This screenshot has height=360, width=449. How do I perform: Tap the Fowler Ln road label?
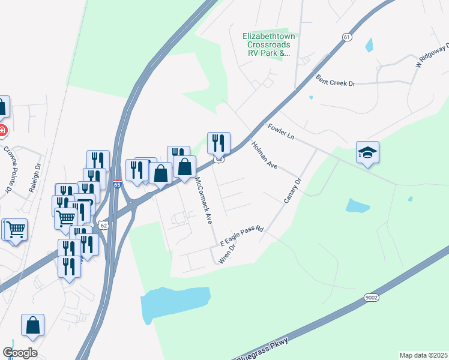[x=280, y=132]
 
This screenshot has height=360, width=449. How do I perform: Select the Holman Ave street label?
[x=264, y=155]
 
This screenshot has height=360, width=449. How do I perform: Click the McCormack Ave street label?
[x=204, y=200]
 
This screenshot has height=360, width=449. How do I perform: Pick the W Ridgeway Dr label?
[x=432, y=56]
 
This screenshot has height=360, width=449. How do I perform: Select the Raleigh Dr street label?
[x=34, y=178]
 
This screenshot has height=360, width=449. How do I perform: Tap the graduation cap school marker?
[x=367, y=153]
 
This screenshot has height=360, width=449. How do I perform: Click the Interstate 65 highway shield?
[x=117, y=185]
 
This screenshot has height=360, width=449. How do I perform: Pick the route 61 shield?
[x=347, y=37]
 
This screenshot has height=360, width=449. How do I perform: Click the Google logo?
[x=20, y=353]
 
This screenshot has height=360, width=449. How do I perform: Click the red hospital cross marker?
[x=2, y=130]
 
